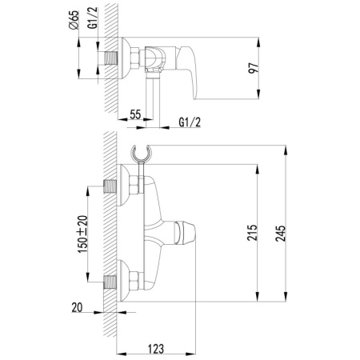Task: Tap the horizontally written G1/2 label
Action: [x=190, y=122]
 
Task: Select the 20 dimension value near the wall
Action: [x=76, y=308]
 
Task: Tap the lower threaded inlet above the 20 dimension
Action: [x=113, y=279]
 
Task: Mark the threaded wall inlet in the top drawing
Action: [x=112, y=56]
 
